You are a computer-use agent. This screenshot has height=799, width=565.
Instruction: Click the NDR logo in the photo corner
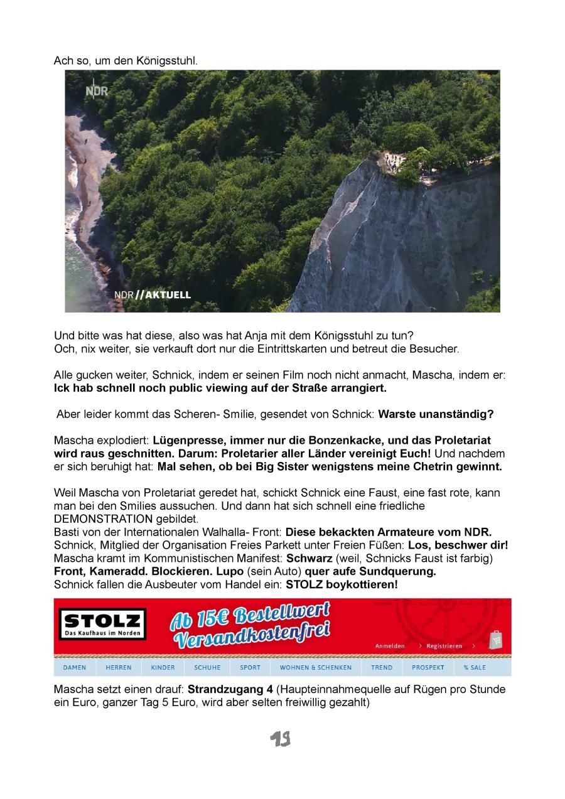(x=97, y=91)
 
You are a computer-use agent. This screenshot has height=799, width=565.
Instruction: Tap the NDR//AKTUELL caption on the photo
(x=153, y=295)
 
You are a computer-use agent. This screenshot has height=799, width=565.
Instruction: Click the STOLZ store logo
(x=102, y=625)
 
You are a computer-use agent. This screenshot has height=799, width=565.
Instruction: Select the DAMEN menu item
(x=75, y=667)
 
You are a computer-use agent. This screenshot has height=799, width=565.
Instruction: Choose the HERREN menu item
(x=119, y=667)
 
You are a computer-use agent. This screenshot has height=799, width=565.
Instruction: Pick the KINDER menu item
(x=163, y=667)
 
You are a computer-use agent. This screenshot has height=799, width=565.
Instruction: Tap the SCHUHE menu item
(x=207, y=667)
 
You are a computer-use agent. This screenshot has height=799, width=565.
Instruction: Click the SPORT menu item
(x=250, y=667)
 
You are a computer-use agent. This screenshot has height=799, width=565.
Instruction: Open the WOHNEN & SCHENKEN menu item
(x=316, y=667)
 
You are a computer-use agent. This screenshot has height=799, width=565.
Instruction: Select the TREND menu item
(x=382, y=667)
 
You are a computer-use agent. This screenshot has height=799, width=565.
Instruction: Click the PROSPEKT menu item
(x=428, y=667)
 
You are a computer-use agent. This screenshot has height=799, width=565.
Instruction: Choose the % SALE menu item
(x=475, y=667)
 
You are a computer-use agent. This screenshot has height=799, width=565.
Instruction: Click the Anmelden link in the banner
(x=390, y=646)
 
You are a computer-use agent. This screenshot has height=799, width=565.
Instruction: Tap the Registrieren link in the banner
(x=444, y=646)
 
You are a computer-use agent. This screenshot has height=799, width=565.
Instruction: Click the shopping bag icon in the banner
(x=496, y=639)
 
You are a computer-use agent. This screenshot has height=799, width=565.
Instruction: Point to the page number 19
(x=281, y=739)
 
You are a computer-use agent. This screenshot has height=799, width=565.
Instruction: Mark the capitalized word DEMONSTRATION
(x=104, y=518)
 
